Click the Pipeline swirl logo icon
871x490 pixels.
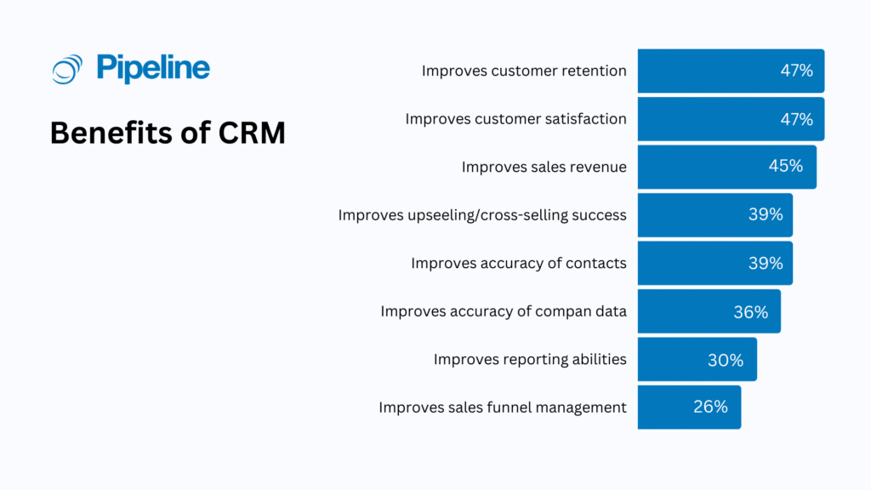coord(66,69)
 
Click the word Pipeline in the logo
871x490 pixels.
coord(153,68)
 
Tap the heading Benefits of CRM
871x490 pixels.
coord(168,134)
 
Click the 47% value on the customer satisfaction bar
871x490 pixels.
coord(796,119)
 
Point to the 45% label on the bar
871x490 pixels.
coord(785,167)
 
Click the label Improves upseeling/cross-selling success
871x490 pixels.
coord(482,215)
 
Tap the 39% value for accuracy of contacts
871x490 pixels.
coord(765,264)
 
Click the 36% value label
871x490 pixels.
coord(750,312)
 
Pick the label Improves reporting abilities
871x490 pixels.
coord(530,359)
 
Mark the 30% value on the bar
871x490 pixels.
coord(725,360)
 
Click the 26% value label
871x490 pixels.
coord(710,407)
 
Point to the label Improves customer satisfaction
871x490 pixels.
coord(515,119)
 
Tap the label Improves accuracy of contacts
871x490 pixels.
coord(519,264)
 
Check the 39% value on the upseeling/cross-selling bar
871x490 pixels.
coord(765,215)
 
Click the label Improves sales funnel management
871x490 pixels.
coord(503,407)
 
